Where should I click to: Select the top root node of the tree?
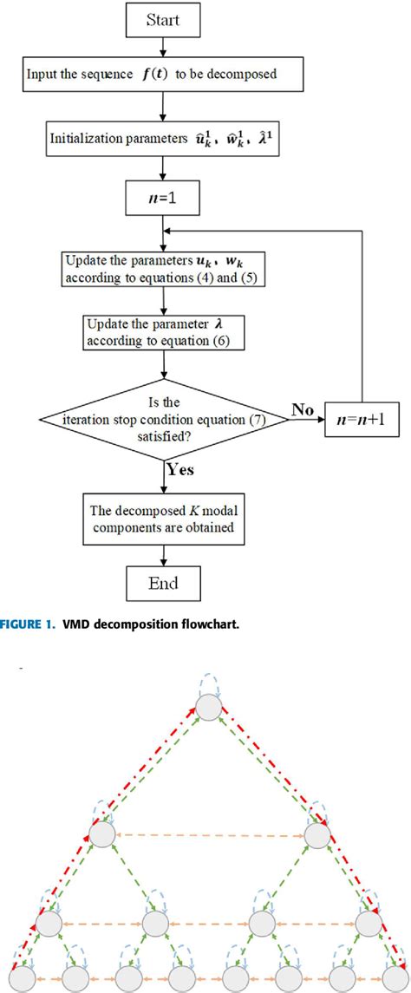coord(209,709)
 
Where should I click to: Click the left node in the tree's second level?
coord(101,835)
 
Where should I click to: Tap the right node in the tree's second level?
coord(317,835)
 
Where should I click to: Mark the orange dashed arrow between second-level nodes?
coord(209,835)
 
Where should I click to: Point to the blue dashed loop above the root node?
coord(209,682)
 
